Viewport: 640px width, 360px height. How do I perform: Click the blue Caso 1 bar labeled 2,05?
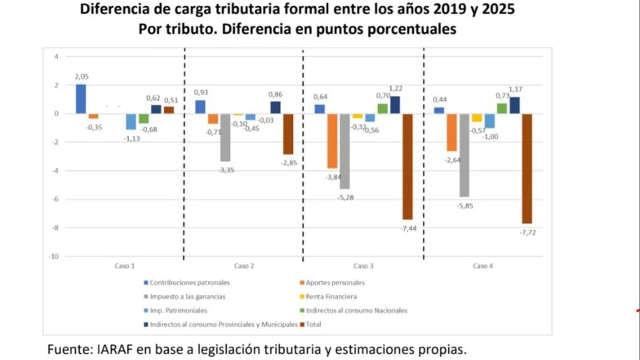pyautogui.click(x=80, y=99)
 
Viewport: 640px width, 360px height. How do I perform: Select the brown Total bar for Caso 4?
pyautogui.click(x=528, y=168)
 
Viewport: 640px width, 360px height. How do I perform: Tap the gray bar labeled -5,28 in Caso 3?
pyautogui.click(x=345, y=151)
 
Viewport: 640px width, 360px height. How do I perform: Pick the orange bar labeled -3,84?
pyautogui.click(x=332, y=141)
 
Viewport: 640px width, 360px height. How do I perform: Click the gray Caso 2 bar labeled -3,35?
pyautogui.click(x=225, y=138)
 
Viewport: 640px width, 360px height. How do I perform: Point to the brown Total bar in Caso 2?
pyautogui.click(x=288, y=134)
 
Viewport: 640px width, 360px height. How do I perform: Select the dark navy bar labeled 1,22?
pyautogui.click(x=395, y=105)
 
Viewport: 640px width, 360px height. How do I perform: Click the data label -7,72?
pyautogui.click(x=528, y=234)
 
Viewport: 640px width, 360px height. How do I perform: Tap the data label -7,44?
pyautogui.click(x=408, y=229)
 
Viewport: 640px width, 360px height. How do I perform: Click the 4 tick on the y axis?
pyautogui.click(x=56, y=57)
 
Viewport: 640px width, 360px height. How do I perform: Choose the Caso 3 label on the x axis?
pyautogui.click(x=363, y=266)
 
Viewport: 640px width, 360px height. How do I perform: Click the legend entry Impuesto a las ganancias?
pyautogui.click(x=187, y=296)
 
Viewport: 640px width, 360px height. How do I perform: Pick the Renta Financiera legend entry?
pyautogui.click(x=331, y=296)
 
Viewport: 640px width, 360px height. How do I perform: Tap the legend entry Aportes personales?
pyautogui.click(x=335, y=282)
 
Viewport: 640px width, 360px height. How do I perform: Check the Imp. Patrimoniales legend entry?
pyautogui.click(x=178, y=310)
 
